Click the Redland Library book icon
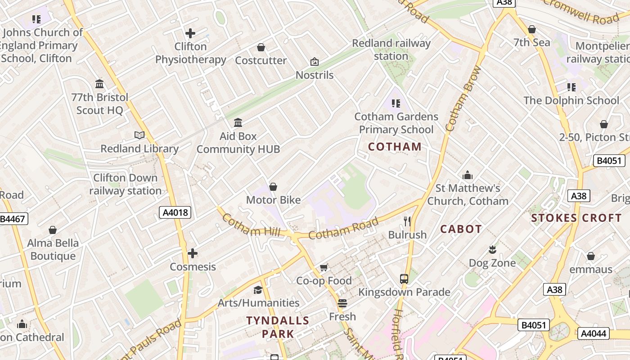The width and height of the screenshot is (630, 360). pos(139,135)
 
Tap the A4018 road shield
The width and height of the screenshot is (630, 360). pos(175,212)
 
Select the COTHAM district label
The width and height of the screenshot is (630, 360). pos(395,147)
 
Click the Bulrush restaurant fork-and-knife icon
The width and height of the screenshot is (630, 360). pos(407,221)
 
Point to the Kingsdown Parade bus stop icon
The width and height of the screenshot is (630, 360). pos(404,279)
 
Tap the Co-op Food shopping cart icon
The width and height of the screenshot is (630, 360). pos(324,268)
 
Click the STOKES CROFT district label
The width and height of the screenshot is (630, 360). pos(576,218)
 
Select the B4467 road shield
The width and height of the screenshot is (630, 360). pos(13,219)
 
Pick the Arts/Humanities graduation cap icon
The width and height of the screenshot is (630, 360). pos(258,289)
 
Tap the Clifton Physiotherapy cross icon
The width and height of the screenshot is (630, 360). pos(190,33)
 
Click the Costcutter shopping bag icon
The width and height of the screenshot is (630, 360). pos(261,47)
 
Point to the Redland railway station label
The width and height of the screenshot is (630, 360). pos(391,49)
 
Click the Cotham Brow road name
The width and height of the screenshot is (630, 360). pos(463,99)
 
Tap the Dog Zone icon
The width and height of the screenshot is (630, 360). pos(492,249)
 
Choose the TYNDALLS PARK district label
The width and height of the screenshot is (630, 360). pos(278,327)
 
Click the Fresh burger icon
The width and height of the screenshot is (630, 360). pos(342,303)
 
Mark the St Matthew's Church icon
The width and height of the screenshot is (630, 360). pos(468,175)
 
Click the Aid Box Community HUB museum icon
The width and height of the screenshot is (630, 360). pos(238,122)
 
